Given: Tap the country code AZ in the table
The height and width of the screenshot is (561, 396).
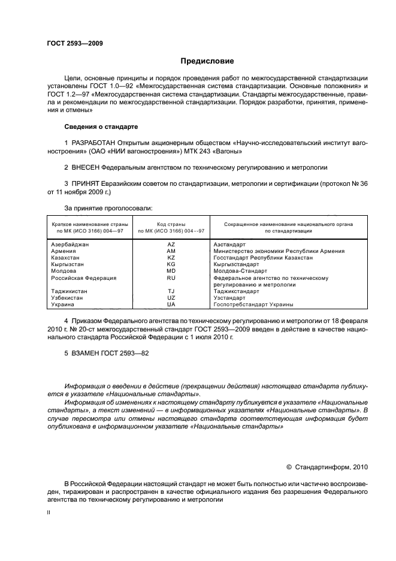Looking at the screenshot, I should pyautogui.click(x=171, y=245).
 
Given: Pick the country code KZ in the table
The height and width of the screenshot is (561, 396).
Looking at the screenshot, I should pyautogui.click(x=171, y=257).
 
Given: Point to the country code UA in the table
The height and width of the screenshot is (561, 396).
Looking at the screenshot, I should pyautogui.click(x=171, y=304).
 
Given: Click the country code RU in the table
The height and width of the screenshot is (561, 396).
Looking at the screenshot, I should pyautogui.click(x=171, y=278).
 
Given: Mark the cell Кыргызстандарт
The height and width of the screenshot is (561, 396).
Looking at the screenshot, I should pyautogui.click(x=236, y=264).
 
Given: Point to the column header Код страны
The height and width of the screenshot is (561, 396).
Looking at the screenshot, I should pyautogui.click(x=171, y=224).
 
